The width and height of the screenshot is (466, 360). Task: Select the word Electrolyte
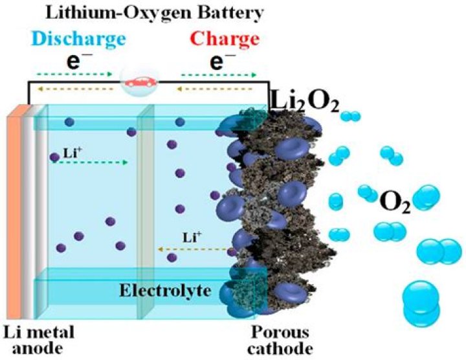coord(165,291)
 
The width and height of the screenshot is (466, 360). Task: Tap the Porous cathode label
coord(280,341)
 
